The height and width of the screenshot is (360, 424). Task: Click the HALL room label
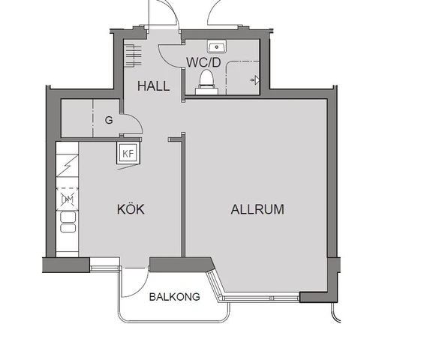tap(154, 86)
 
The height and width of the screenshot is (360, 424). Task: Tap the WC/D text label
tap(203, 62)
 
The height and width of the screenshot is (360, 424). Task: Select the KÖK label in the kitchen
tap(131, 209)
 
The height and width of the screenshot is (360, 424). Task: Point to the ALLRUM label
tap(257, 209)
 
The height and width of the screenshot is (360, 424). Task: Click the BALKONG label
tap(175, 297)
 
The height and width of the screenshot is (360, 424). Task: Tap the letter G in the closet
tap(109, 120)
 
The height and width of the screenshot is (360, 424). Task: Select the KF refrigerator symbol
tap(128, 153)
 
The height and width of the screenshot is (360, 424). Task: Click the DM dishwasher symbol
tap(68, 199)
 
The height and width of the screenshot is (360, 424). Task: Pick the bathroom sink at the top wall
tap(217, 46)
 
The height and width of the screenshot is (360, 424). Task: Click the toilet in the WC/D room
tap(207, 82)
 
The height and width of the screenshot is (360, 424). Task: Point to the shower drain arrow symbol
tap(255, 80)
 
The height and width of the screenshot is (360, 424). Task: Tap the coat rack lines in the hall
tap(133, 55)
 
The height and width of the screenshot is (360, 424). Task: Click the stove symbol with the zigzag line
tap(68, 166)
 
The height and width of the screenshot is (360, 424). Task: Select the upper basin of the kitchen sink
tap(68, 217)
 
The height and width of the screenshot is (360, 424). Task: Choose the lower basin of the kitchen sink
tap(68, 228)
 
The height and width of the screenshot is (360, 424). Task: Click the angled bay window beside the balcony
tap(215, 286)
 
